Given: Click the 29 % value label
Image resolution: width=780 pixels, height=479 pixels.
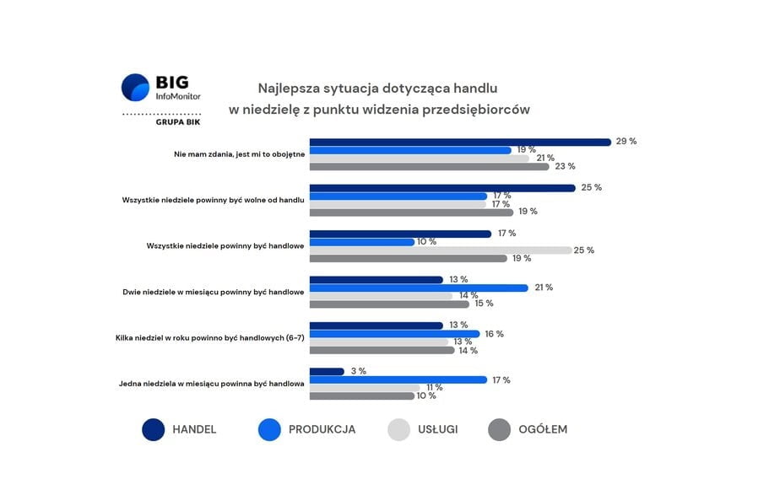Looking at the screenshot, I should (x=626, y=141).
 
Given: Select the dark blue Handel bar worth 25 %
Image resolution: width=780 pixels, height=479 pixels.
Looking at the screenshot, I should (x=441, y=188).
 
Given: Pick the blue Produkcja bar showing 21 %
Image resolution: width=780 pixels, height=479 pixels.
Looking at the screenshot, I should (x=418, y=288).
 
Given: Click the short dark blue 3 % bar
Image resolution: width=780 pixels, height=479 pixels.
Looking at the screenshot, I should (x=327, y=371).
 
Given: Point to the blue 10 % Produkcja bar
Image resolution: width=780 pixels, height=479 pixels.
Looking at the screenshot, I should (x=361, y=242).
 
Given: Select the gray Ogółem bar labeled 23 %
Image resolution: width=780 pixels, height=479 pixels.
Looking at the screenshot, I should (x=429, y=166).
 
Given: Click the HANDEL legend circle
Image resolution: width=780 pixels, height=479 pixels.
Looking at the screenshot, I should (x=153, y=429).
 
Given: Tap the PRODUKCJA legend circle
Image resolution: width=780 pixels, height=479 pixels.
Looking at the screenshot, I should (x=269, y=429).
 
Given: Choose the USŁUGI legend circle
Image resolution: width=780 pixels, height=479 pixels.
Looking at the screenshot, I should (x=398, y=429).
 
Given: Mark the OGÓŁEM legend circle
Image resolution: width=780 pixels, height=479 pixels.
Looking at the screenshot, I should (x=500, y=429).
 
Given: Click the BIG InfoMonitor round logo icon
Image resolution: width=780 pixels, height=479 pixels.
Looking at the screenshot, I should (x=135, y=88).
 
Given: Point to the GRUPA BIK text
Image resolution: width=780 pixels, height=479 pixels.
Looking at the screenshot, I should (x=178, y=122).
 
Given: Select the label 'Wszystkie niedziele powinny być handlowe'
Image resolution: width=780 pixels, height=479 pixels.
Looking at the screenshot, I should (x=225, y=246).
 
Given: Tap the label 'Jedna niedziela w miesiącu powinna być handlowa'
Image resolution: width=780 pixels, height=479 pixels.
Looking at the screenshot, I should (x=211, y=384).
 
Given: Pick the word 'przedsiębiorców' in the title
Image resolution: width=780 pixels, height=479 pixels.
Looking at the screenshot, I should (x=480, y=110).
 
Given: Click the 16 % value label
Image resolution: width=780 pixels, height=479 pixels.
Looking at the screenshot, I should (x=494, y=334).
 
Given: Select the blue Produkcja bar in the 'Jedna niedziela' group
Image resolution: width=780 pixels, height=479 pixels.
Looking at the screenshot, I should (x=398, y=379).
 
